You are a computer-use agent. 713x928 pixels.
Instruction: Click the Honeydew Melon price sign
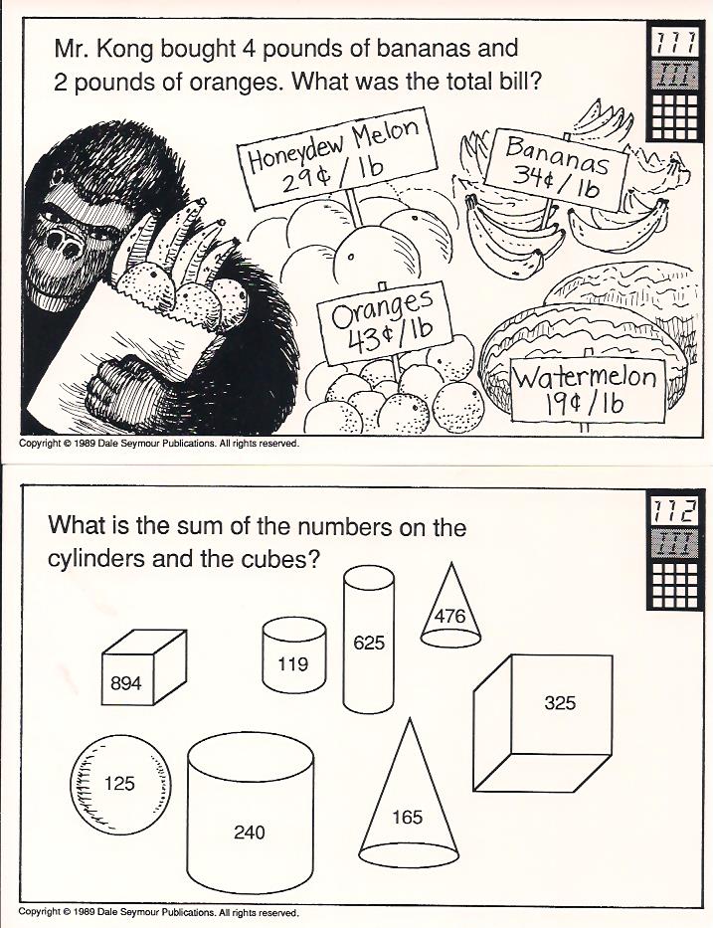click(x=337, y=157)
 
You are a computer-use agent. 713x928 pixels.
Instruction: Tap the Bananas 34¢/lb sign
click(x=556, y=169)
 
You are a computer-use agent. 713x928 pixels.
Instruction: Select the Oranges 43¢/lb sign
click(x=384, y=322)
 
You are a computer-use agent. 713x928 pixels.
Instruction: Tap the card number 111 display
click(x=675, y=43)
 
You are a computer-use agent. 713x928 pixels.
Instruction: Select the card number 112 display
click(x=675, y=511)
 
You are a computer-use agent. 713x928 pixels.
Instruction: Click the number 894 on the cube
click(x=126, y=683)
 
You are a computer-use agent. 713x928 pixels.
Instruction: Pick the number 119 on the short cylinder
click(x=293, y=664)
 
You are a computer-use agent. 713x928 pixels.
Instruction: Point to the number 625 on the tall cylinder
click(x=369, y=643)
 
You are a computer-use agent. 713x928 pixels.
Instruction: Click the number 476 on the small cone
click(x=450, y=616)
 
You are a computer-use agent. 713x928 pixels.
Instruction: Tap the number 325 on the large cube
click(x=560, y=702)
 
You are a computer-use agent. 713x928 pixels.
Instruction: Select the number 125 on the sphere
click(x=119, y=784)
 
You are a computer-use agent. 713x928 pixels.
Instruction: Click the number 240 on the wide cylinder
click(x=250, y=833)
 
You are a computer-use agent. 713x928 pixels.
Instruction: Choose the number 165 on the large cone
click(x=408, y=818)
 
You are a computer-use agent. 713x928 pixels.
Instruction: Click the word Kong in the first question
click(x=125, y=49)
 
